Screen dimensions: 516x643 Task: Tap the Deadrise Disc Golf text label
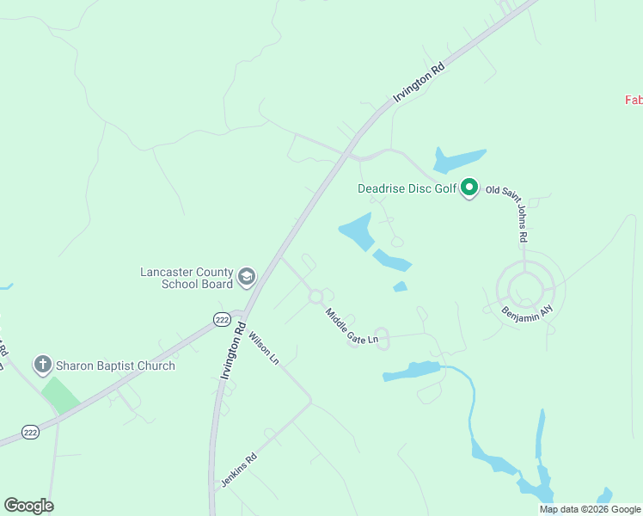click(x=407, y=188)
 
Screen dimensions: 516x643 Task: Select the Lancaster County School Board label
click(x=187, y=278)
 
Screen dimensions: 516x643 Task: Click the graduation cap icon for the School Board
click(x=247, y=276)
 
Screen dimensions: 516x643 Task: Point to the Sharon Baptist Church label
click(x=116, y=365)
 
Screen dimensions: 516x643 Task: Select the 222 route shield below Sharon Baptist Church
click(x=29, y=432)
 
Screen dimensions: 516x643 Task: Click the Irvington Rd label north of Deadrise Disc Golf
click(x=419, y=83)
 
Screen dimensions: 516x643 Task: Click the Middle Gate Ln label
click(x=352, y=327)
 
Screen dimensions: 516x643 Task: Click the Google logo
click(x=28, y=506)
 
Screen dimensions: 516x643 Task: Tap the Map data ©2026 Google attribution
click(x=590, y=509)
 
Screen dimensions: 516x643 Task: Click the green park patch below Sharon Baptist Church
click(x=61, y=393)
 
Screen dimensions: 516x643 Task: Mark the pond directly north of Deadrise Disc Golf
click(x=459, y=159)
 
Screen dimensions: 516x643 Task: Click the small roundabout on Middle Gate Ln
click(x=315, y=296)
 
